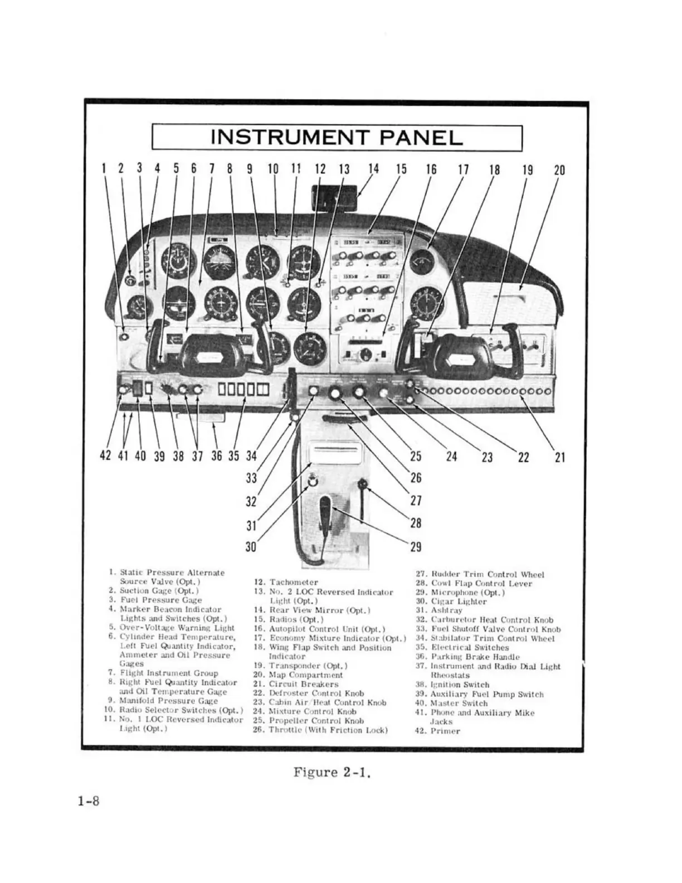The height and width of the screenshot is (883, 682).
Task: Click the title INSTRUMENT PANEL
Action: [337, 138]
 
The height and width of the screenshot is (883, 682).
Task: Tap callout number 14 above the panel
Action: [373, 169]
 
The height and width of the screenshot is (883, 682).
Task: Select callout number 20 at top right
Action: [559, 169]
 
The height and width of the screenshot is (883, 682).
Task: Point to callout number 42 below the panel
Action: [105, 456]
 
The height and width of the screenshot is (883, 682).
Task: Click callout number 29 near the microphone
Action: [416, 547]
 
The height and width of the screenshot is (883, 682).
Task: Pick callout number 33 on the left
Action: [251, 478]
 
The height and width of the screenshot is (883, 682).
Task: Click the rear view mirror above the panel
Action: [335, 198]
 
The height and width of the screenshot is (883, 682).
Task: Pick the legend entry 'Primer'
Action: [445, 731]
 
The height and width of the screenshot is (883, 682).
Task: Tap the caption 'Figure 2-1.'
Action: [332, 773]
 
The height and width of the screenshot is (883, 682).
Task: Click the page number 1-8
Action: [89, 802]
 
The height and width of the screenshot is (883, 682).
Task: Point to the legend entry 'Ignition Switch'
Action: [460, 685]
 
